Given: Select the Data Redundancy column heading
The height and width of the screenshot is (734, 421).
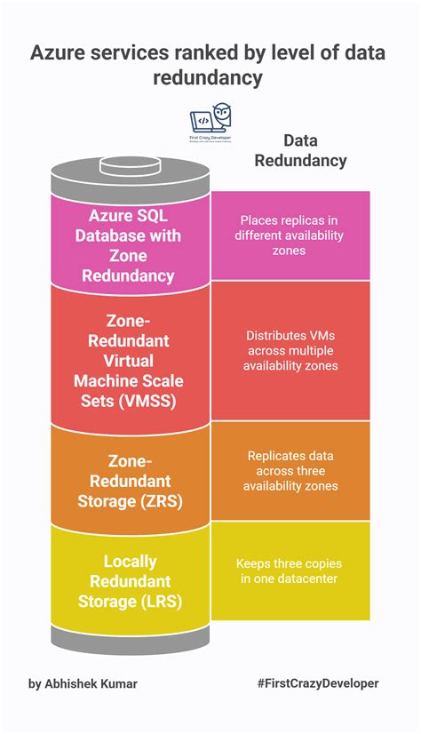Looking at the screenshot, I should (300, 150).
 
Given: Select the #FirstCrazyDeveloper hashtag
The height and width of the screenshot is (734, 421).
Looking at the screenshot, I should (317, 683).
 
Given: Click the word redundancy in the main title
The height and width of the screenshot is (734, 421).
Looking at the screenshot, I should (208, 79).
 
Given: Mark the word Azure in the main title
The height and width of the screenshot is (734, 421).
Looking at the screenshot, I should (56, 53).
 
